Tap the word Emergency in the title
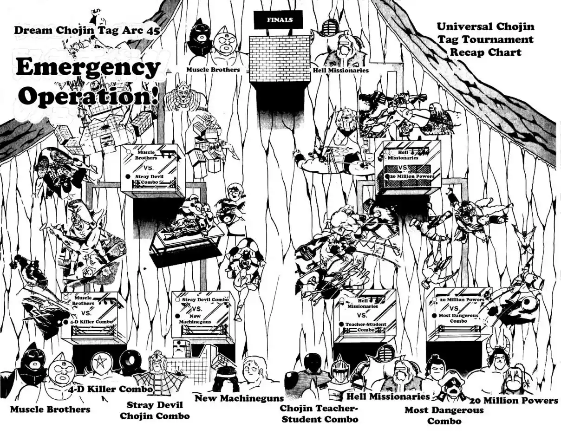[88, 68]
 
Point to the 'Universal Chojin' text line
[485, 26]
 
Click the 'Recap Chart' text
[485, 52]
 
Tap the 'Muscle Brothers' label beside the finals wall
[213, 70]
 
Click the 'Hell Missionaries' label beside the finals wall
[341, 70]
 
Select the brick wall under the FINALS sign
[280, 58]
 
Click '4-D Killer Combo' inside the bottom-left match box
[91, 321]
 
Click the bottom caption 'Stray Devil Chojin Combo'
[155, 410]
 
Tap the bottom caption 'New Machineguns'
[239, 398]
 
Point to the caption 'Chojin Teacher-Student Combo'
[319, 414]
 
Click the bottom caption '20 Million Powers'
[514, 400]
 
